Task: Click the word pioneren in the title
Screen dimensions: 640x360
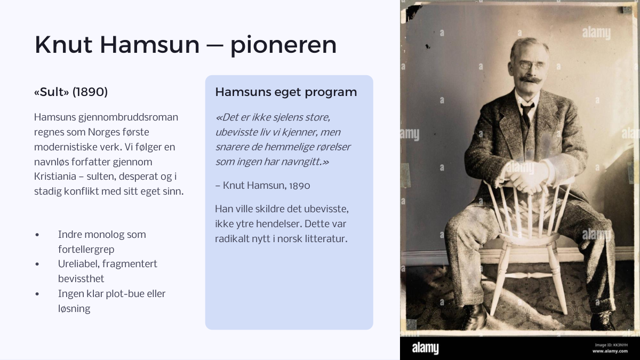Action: pyautogui.click(x=283, y=45)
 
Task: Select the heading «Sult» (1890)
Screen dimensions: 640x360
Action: pyautogui.click(x=71, y=92)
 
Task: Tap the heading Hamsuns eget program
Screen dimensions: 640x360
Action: pyautogui.click(x=286, y=92)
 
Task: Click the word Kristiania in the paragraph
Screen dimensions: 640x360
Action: pyautogui.click(x=55, y=177)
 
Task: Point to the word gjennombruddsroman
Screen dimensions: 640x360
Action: pyautogui.click(x=128, y=117)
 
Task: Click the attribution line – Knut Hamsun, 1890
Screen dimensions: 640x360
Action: pyautogui.click(x=262, y=186)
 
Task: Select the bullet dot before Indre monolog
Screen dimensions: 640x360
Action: pyautogui.click(x=37, y=235)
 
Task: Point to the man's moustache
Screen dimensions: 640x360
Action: pyautogui.click(x=531, y=79)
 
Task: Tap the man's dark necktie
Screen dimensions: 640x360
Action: pyautogui.click(x=526, y=115)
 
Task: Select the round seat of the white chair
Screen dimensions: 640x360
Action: pyautogui.click(x=529, y=238)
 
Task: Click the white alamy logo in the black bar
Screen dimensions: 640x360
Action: pyautogui.click(x=425, y=348)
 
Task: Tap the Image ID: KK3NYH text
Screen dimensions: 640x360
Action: pyautogui.click(x=611, y=345)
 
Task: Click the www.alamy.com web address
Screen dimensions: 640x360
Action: pyautogui.click(x=610, y=351)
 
